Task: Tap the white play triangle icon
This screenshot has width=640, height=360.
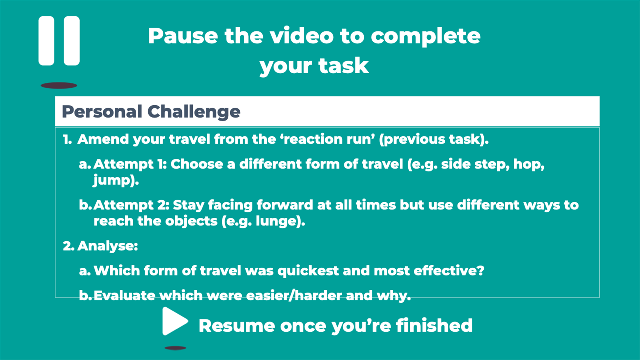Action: (x=174, y=321)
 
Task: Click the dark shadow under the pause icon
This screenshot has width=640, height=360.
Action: (x=59, y=85)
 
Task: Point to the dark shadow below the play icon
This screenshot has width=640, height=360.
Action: (x=175, y=348)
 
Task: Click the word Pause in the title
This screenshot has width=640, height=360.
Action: (x=183, y=36)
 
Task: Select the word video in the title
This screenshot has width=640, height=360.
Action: (x=302, y=36)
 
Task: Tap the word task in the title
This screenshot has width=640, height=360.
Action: (x=343, y=66)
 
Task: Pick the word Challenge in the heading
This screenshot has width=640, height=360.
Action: (x=194, y=111)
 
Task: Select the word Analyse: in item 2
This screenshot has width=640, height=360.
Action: (x=107, y=246)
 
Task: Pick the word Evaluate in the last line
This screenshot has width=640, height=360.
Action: (x=124, y=295)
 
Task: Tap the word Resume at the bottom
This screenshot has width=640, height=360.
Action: (x=237, y=325)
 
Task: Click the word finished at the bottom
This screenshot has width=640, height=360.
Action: (x=434, y=325)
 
